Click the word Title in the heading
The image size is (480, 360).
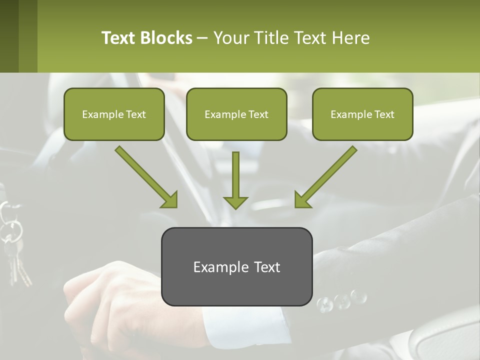point(270,38)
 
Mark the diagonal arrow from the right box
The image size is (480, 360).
point(330,172)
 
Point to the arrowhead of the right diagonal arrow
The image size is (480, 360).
point(302,200)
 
